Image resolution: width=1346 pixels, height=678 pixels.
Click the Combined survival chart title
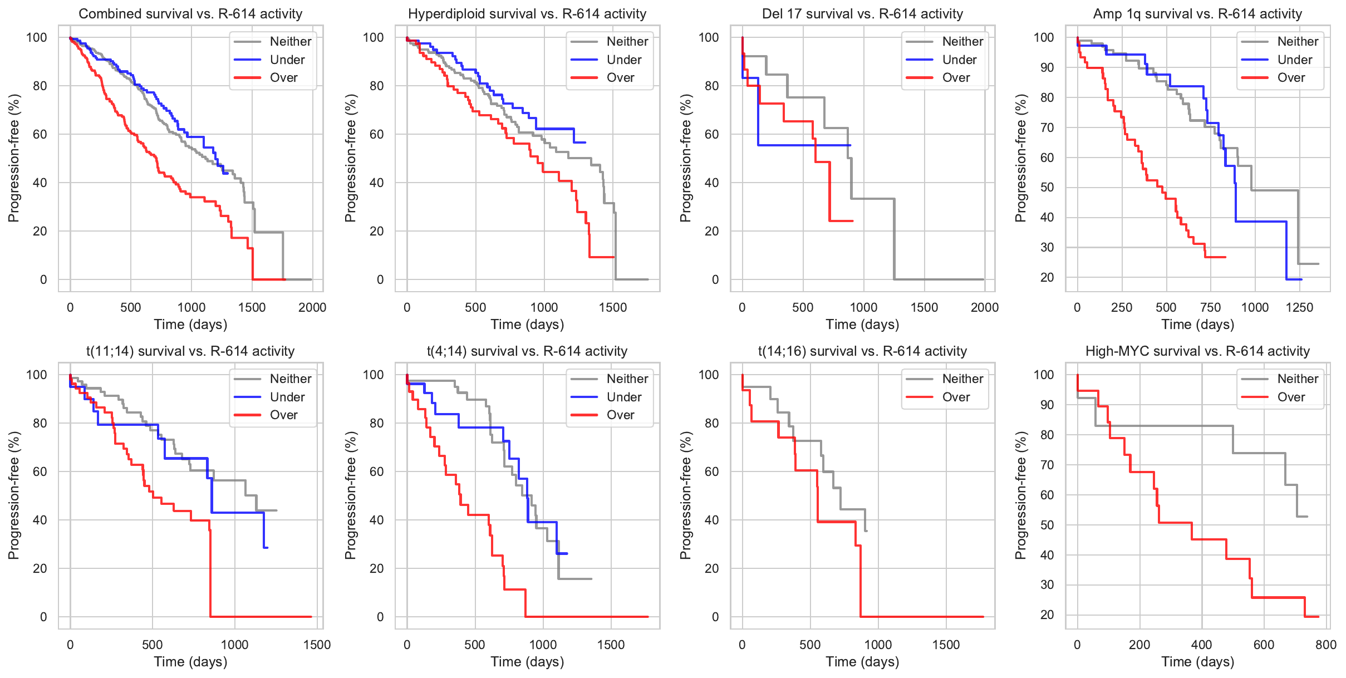190,14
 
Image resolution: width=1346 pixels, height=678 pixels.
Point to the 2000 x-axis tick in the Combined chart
312,307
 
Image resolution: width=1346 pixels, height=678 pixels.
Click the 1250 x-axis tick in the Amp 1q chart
1299,307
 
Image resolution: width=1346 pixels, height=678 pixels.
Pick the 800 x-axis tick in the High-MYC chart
1325,645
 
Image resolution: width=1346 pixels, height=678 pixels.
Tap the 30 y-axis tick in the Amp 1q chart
1047,247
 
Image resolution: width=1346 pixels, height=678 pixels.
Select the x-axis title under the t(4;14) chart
527,662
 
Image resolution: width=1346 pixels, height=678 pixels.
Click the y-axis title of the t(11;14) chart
14,495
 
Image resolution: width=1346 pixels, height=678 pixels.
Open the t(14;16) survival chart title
862,351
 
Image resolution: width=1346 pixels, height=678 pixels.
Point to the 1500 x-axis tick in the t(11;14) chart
317,645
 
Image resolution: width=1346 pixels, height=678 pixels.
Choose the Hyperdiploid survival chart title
527,14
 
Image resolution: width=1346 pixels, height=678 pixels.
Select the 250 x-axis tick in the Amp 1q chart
1121,307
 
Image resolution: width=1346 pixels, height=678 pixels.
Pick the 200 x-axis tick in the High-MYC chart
1139,645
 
